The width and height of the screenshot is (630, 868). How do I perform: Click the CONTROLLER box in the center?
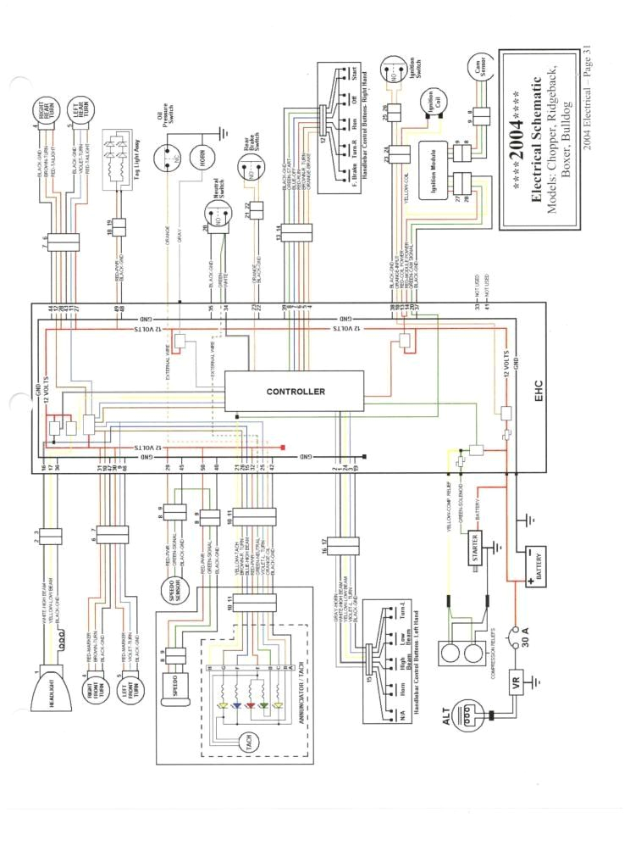(x=295, y=392)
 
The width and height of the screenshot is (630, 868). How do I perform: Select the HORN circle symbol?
(x=196, y=159)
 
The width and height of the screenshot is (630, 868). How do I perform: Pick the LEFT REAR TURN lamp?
(x=81, y=111)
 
